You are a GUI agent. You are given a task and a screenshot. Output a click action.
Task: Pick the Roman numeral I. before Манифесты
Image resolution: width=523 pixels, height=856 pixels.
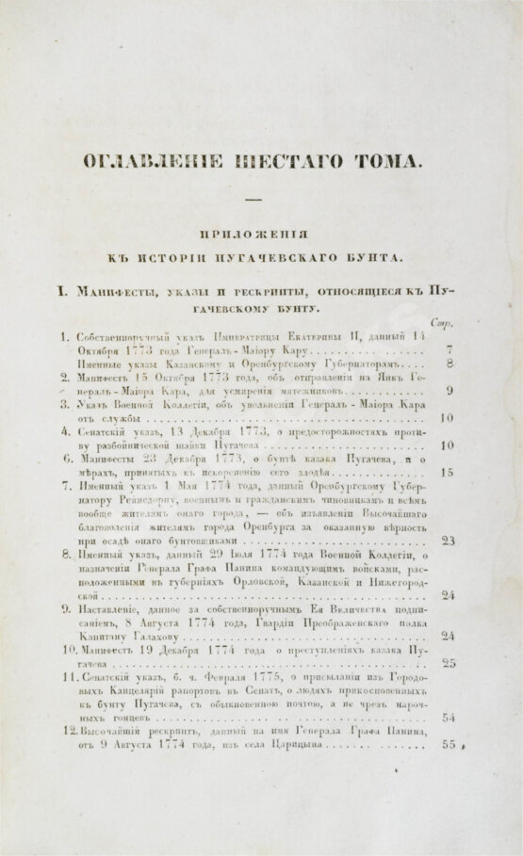click(62, 291)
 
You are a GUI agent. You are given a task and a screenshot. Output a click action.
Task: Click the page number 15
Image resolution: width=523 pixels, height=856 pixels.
click(447, 472)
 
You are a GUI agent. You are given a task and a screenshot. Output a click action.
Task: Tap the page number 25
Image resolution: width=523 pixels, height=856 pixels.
click(448, 663)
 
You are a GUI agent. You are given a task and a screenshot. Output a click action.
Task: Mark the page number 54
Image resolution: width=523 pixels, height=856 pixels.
click(448, 718)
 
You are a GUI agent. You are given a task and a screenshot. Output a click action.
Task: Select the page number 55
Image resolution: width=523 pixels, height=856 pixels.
click(448, 746)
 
